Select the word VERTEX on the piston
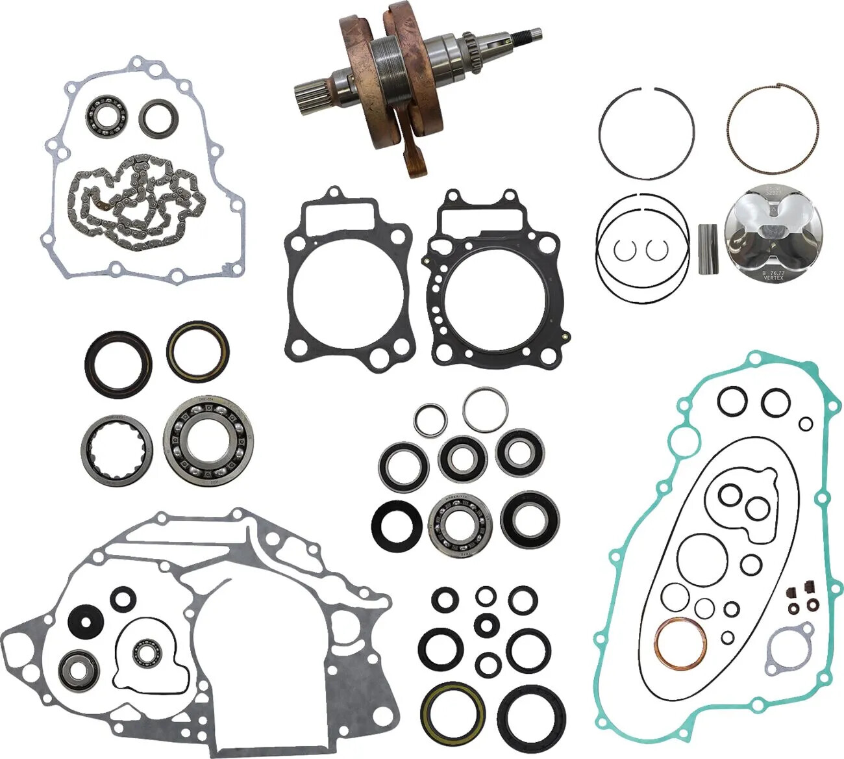point(773,278)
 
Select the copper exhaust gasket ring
point(680,642)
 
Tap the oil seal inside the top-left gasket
point(157,118)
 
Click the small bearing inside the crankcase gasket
point(147,653)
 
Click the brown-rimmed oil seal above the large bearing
point(197,351)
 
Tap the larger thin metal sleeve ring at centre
point(486,409)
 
